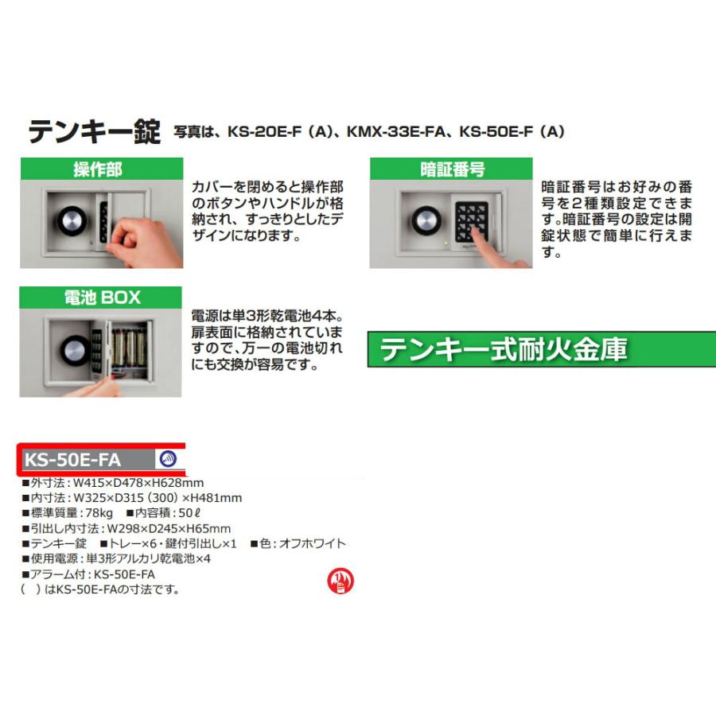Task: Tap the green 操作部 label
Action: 99,169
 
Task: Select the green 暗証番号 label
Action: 452,169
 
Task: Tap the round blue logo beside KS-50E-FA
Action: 168,459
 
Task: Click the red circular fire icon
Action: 341,582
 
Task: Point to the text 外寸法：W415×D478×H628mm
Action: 112,483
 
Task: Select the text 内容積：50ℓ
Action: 158,513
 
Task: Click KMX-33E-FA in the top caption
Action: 399,132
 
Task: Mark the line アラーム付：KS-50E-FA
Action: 88,574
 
